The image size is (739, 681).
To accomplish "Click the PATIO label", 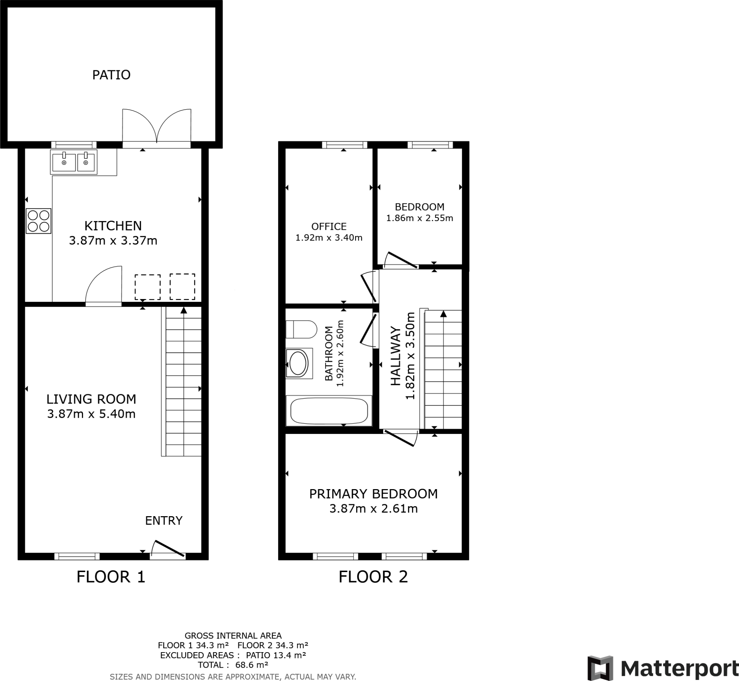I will tap(111, 75).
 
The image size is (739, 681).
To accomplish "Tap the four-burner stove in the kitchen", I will tap(38, 221).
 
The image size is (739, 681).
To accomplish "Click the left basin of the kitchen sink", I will tap(64, 163).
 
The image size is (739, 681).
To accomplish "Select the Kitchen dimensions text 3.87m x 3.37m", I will tap(113, 241).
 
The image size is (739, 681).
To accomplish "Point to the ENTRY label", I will tap(164, 521).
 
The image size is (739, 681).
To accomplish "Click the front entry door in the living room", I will tap(168, 549).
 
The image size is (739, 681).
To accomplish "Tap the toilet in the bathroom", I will tap(301, 329).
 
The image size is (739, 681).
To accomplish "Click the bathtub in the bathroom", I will tap(329, 411).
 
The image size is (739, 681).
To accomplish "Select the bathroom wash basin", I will tap(298, 363).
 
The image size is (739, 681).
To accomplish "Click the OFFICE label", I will tap(329, 226).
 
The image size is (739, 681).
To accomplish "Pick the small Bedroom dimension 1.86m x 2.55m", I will tap(419, 218).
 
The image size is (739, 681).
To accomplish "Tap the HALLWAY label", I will tap(395, 356).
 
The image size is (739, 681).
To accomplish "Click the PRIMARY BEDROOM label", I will tap(373, 494).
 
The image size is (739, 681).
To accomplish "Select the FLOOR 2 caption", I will tap(373, 577).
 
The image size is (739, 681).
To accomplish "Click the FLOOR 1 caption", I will tap(111, 577).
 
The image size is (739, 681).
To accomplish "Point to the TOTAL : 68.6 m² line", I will tap(233, 665).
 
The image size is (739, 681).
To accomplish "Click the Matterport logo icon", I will tap(600, 668).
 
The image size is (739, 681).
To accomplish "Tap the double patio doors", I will tap(157, 127).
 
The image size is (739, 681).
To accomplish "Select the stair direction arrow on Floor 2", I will tap(443, 314).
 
